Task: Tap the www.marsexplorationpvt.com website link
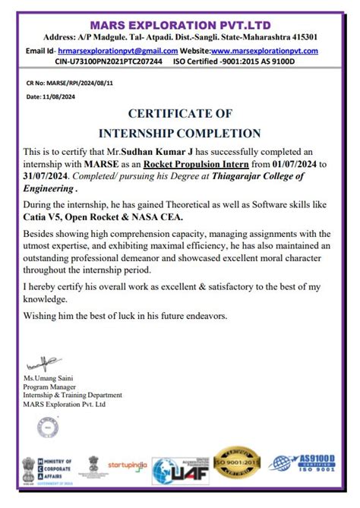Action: (258, 51)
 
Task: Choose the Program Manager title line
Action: (49, 386)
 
